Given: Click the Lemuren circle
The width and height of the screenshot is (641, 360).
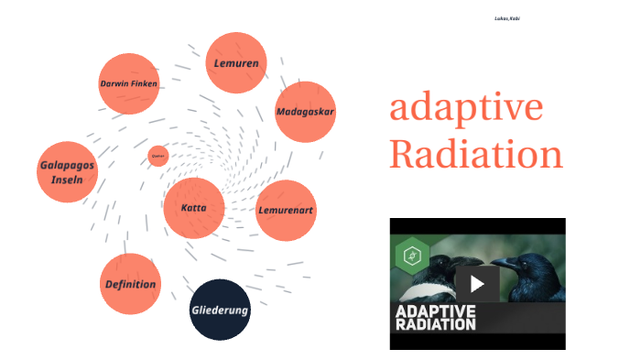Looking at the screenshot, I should (x=236, y=63).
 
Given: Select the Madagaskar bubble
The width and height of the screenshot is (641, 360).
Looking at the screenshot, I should (x=306, y=112).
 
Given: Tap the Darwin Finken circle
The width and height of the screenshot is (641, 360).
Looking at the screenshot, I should (x=129, y=83).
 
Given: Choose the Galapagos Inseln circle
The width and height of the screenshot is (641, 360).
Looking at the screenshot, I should (x=67, y=172).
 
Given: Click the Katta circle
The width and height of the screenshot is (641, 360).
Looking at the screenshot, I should (x=194, y=208).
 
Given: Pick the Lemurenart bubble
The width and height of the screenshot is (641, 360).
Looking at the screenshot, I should (x=286, y=210).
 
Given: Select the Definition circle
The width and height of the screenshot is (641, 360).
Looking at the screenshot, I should (x=130, y=284).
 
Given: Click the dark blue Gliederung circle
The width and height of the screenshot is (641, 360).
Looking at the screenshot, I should (x=220, y=310).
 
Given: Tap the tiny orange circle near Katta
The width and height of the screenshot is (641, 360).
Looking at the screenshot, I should (x=158, y=156).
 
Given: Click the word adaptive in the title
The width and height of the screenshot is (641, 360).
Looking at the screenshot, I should (x=466, y=109).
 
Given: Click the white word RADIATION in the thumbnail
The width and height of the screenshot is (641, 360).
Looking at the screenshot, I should (x=436, y=324).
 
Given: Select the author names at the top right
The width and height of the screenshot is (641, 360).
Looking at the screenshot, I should (x=508, y=19).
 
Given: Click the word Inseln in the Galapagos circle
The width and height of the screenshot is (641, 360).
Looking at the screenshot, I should (x=67, y=180).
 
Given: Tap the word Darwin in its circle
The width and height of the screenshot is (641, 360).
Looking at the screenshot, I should (x=114, y=83).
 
